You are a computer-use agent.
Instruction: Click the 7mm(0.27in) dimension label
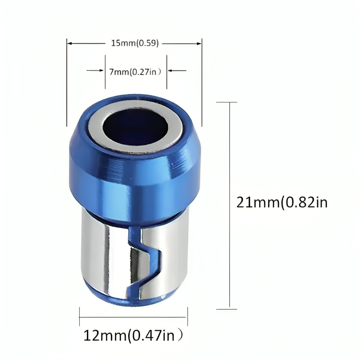pos(136,72)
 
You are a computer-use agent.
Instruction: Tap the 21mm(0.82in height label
pos(282,203)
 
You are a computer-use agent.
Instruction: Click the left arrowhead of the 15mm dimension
pos(69,43)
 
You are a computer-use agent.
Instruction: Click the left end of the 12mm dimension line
pos(80,317)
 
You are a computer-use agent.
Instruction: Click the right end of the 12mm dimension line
pos(187,317)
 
